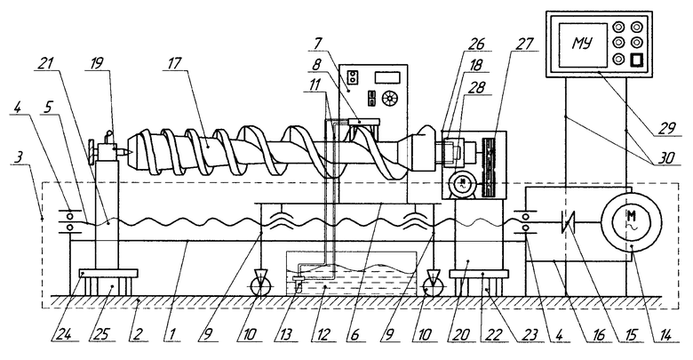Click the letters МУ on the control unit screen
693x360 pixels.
583,44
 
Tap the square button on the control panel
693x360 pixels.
636,60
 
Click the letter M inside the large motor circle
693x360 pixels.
631,215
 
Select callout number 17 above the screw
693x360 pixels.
174,63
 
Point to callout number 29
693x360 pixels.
667,128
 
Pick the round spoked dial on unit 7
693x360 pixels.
389,98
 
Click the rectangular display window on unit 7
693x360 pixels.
387,77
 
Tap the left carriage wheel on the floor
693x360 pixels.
260,287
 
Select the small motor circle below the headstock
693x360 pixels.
462,182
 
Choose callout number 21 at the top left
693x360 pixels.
46,63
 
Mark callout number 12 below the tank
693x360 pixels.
324,335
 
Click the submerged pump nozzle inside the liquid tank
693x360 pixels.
298,281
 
